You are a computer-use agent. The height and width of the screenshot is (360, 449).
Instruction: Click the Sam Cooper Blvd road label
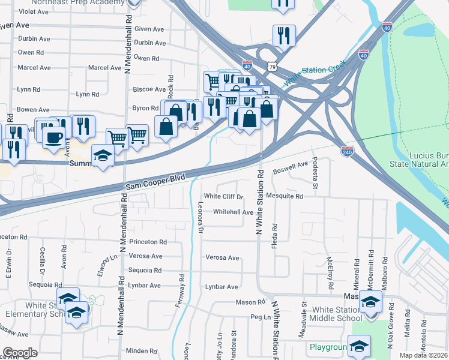click(157, 182)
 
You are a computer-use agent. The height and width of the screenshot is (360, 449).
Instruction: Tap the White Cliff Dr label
click(223, 196)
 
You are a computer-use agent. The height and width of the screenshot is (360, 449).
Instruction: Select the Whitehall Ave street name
click(233, 212)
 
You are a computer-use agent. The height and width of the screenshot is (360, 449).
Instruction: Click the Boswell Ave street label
click(294, 167)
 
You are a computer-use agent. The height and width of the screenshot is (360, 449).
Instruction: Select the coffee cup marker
click(53, 137)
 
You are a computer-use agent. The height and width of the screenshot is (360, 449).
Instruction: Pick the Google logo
click(20, 352)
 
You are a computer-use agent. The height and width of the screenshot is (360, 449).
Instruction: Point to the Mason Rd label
click(250, 302)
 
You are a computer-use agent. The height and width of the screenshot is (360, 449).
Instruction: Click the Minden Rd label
click(142, 350)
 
